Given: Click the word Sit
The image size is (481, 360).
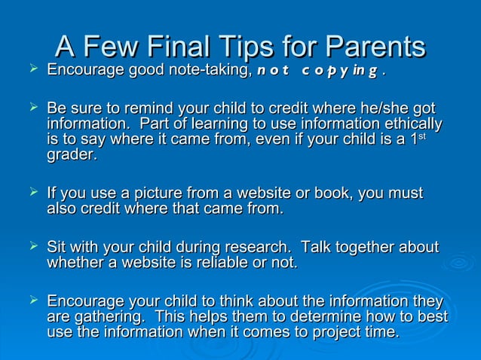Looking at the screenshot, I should [x=58, y=247].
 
